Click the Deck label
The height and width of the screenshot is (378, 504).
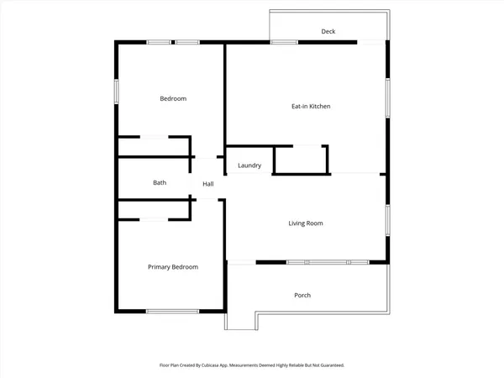(x=328, y=32)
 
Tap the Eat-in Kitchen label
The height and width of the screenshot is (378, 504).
(x=311, y=107)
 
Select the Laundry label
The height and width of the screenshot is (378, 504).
(x=249, y=165)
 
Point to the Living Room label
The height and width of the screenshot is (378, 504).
(x=306, y=223)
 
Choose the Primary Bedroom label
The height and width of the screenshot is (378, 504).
(x=173, y=267)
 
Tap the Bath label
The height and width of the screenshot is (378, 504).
(x=160, y=183)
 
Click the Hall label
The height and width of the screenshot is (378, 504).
(x=208, y=184)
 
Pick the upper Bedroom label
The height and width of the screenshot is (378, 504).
(x=173, y=99)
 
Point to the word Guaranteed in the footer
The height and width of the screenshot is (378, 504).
(x=323, y=365)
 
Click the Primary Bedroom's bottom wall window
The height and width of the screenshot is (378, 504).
(x=172, y=312)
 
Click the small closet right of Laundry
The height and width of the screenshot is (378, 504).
(x=300, y=160)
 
